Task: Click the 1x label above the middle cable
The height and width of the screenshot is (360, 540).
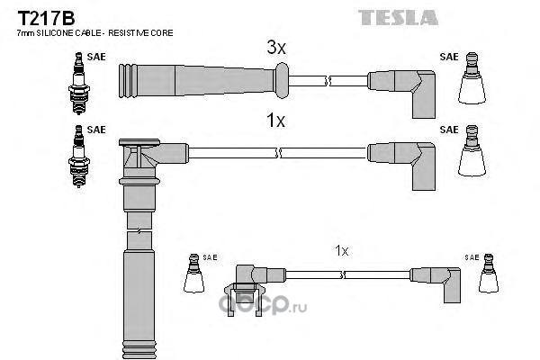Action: [275, 121]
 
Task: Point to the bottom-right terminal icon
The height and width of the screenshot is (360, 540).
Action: [490, 274]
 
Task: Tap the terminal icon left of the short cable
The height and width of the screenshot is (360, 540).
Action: [193, 274]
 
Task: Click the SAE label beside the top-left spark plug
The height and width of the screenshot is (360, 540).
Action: [97, 55]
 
